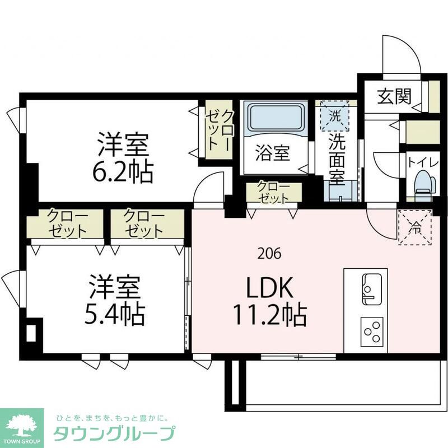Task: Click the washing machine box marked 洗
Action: (x=334, y=117)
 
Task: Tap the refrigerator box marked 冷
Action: (x=416, y=227)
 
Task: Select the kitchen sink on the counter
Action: (x=371, y=288)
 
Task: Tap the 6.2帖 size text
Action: (x=123, y=173)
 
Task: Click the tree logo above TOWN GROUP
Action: (x=20, y=423)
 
